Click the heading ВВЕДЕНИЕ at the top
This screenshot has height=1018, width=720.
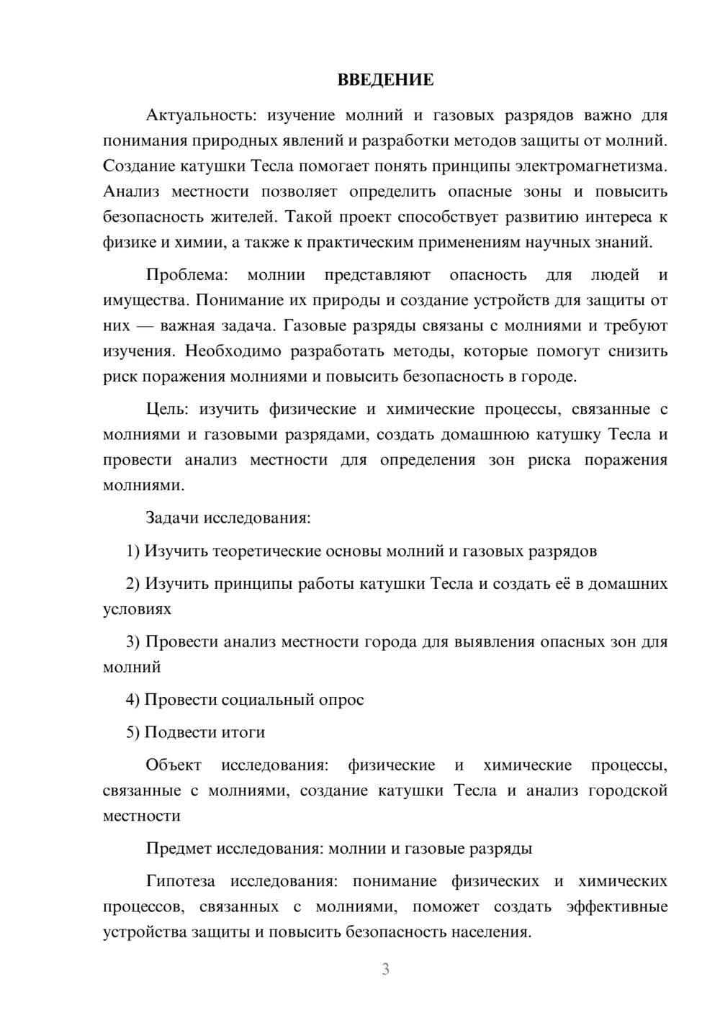[385, 80]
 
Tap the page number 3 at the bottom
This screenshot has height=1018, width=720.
[385, 969]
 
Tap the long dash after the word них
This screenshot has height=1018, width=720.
[145, 326]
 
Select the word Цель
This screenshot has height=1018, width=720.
[167, 410]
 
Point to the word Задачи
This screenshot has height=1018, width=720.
[173, 518]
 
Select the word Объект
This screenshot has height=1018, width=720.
[174, 765]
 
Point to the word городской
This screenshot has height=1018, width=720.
[628, 790]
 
